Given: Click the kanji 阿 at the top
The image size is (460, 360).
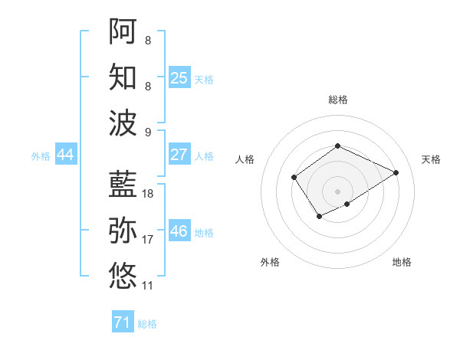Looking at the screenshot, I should coord(123,31).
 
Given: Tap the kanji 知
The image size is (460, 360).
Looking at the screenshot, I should coord(123,75).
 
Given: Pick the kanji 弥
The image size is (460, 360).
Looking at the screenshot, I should coord(123,230).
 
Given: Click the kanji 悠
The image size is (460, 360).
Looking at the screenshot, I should coord(123,274).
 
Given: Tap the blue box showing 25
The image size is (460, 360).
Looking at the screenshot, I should coord(179,77).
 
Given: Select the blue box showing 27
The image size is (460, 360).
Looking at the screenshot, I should coord(179,154).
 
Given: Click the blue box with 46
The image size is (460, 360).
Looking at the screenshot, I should coord(179,231).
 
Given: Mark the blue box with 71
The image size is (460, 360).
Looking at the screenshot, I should coord(122,322).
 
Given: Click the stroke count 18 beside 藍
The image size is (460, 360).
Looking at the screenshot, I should coord(148,194).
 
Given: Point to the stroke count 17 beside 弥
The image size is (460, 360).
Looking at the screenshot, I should coord(148,240).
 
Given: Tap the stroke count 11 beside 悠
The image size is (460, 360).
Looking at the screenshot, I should coord(148,286).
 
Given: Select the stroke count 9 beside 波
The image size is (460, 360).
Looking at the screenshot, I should coord(147,132).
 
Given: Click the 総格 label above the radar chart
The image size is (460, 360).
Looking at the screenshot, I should coord(337,100).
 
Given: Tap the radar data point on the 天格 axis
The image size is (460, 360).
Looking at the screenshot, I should coord(396,172).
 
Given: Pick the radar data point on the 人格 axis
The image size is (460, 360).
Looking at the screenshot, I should coord(294,178).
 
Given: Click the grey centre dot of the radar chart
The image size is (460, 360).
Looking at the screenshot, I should coord(337,191).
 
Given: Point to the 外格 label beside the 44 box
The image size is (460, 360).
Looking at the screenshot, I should coord(41,156).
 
